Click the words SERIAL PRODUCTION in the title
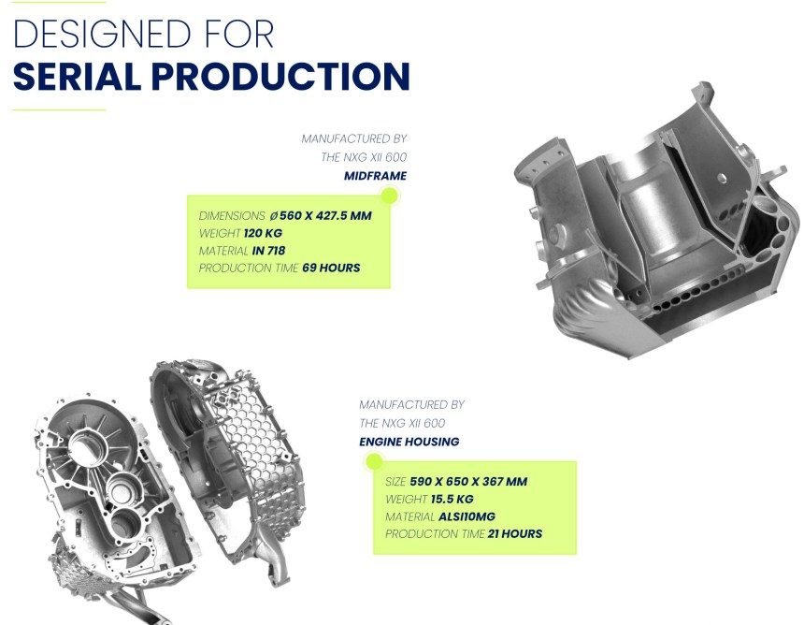(x=211, y=77)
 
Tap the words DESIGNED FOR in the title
(x=143, y=34)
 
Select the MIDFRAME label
(x=375, y=176)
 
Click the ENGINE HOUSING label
(x=409, y=442)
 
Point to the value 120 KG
(x=263, y=234)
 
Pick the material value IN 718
(x=268, y=251)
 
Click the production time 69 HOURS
(x=331, y=268)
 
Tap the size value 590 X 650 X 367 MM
(x=468, y=482)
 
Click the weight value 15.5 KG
(x=452, y=500)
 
